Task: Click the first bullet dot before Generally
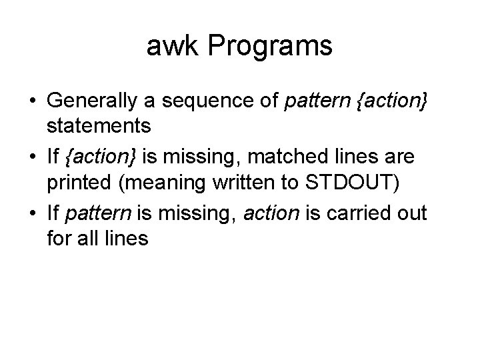click(x=32, y=102)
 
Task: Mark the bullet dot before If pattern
click(x=32, y=214)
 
